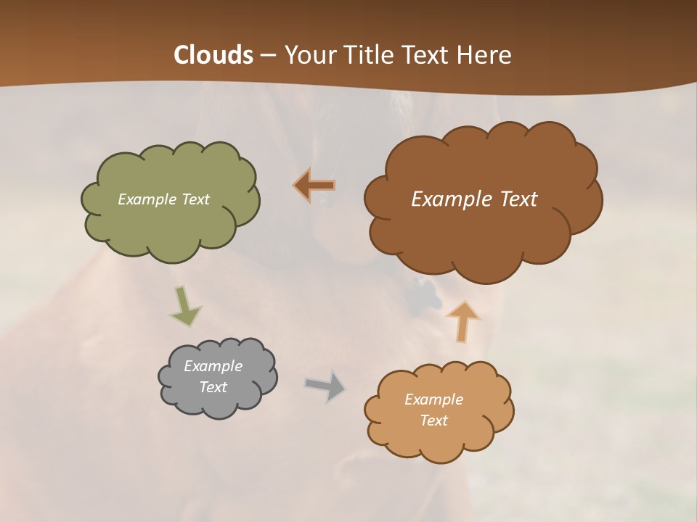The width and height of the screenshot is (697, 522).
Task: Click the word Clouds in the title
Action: pos(213,55)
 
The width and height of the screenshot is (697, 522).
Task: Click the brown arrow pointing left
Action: pos(315,186)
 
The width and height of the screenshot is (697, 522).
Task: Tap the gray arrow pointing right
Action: pos(325,386)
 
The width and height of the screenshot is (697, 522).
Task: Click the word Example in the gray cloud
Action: pos(213,366)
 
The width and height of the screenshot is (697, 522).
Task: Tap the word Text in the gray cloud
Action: pos(213,387)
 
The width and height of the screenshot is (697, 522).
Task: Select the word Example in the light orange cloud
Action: pos(433,399)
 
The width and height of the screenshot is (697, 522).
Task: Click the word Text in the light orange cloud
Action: pos(433,420)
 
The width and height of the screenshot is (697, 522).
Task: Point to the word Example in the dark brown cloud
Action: pos(449,199)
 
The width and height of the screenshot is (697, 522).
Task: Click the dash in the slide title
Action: pos(268,56)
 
